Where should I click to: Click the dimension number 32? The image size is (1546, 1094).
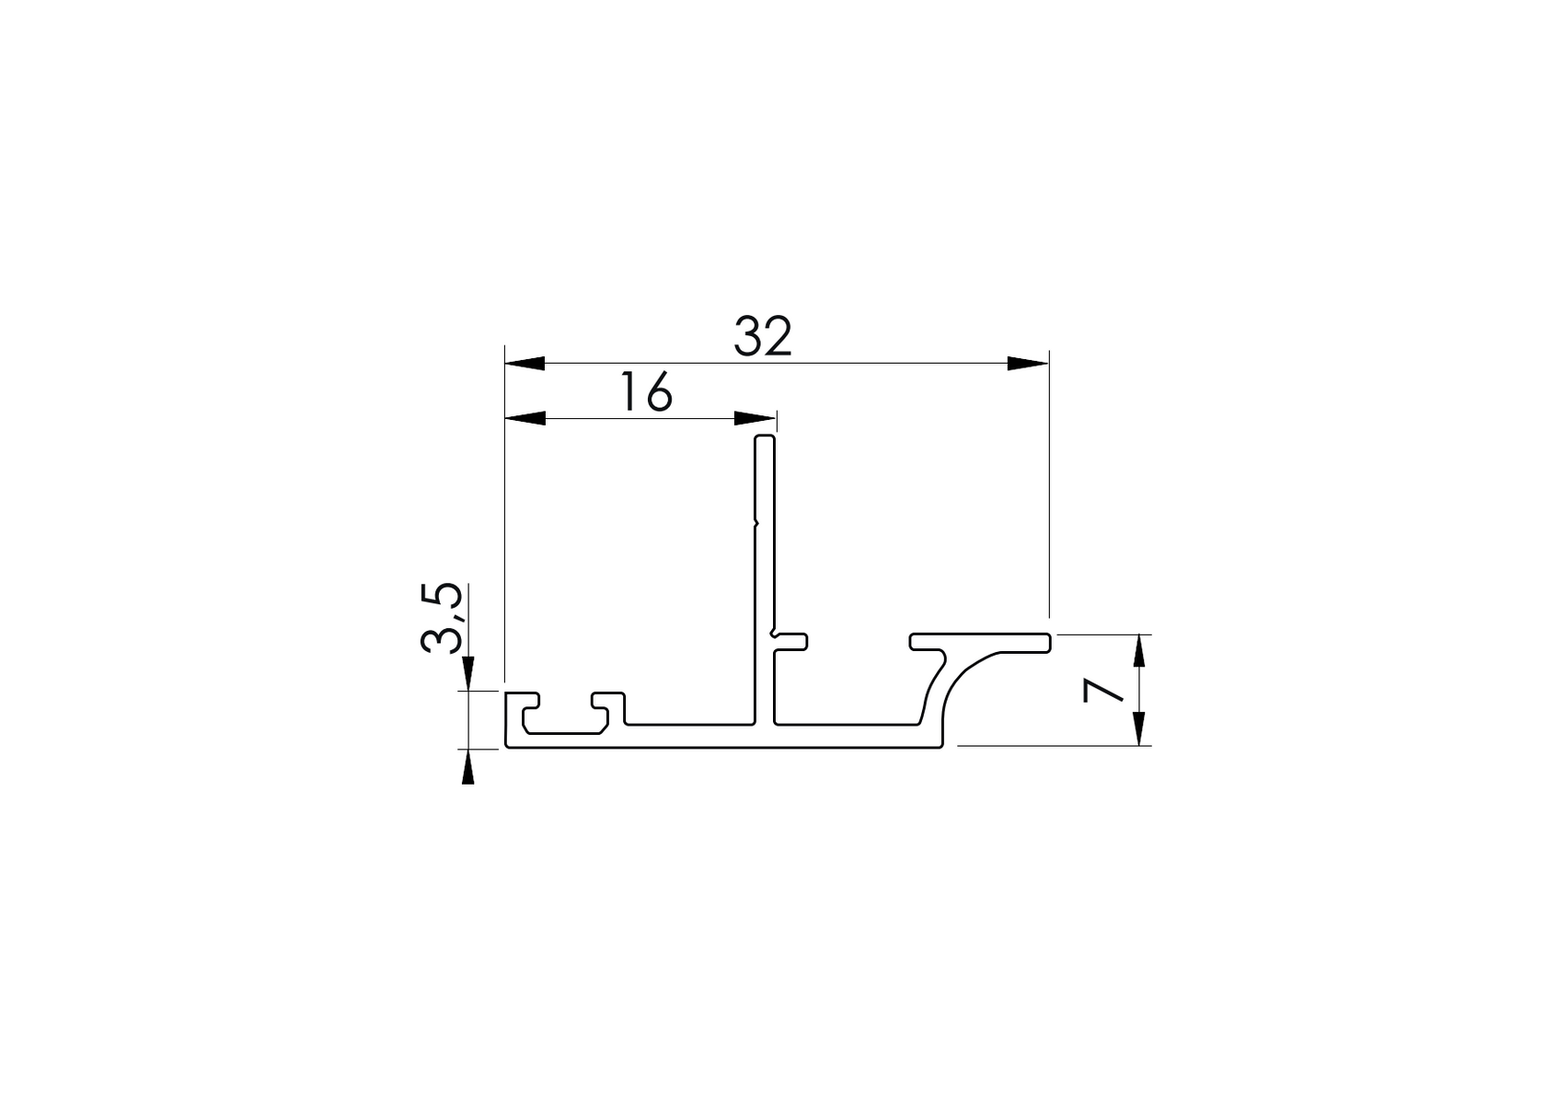(x=763, y=337)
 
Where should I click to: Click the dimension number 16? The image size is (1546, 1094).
(x=646, y=392)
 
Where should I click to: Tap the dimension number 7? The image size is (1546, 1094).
(x=1103, y=690)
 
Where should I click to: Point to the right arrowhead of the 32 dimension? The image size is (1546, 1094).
(x=1027, y=363)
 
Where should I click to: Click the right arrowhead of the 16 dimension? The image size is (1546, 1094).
(x=755, y=419)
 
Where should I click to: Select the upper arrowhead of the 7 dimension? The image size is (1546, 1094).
(x=1140, y=652)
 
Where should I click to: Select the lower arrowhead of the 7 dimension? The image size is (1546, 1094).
(x=1140, y=728)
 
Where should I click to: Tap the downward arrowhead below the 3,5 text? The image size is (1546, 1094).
(x=467, y=672)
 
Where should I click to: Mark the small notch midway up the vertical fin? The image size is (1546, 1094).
(x=756, y=525)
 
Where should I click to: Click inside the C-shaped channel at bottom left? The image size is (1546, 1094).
(x=564, y=720)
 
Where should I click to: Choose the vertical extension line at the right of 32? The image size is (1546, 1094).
(x=1049, y=488)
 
